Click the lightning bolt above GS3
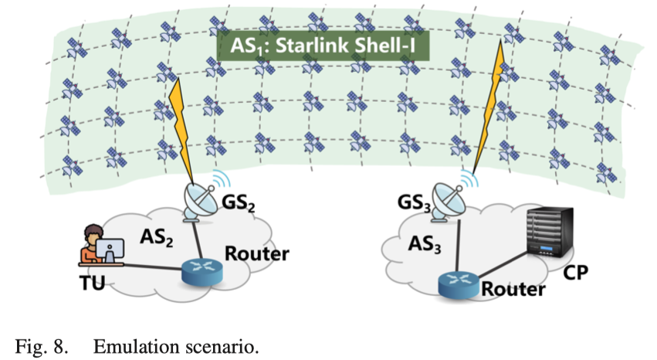pos(490,100)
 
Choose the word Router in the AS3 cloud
pos(513,290)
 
